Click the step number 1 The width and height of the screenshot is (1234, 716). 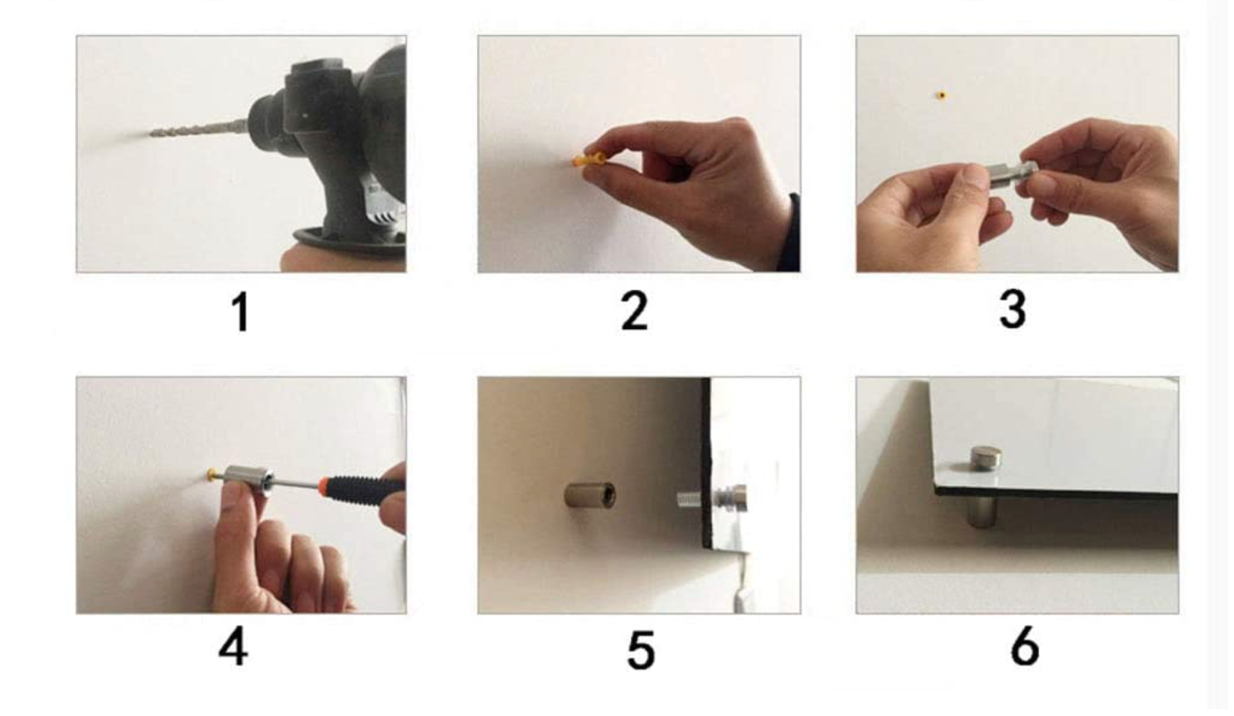click(240, 312)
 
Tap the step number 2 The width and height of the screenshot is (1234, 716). click(634, 311)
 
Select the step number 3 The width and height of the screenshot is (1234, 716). click(1013, 310)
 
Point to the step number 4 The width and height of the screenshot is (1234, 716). click(233, 648)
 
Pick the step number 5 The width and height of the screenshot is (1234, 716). click(641, 650)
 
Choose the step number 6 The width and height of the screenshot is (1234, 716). click(1024, 648)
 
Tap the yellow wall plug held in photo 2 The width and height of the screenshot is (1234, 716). click(588, 160)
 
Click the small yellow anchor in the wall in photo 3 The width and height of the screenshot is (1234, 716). click(941, 95)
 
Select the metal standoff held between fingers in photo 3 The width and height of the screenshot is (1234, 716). click(1011, 173)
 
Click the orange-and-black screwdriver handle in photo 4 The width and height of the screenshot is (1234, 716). click(361, 487)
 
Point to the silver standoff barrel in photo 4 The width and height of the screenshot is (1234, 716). click(249, 478)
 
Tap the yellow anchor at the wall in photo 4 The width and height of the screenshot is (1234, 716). click(212, 474)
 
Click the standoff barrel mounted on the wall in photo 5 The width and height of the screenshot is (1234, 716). click(590, 494)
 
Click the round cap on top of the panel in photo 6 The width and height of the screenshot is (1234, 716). click(986, 458)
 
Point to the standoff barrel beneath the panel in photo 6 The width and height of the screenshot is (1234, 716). click(982, 512)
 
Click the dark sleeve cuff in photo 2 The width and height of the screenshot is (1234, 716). click(789, 232)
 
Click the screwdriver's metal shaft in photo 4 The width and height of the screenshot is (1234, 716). click(296, 484)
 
